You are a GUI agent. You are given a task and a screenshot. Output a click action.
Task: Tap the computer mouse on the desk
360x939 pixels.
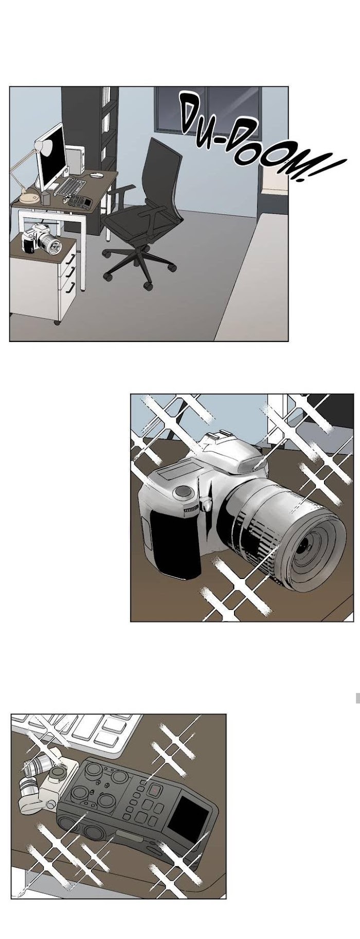coord(96,175)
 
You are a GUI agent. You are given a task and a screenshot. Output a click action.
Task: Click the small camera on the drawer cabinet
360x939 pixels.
coord(41,240)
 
